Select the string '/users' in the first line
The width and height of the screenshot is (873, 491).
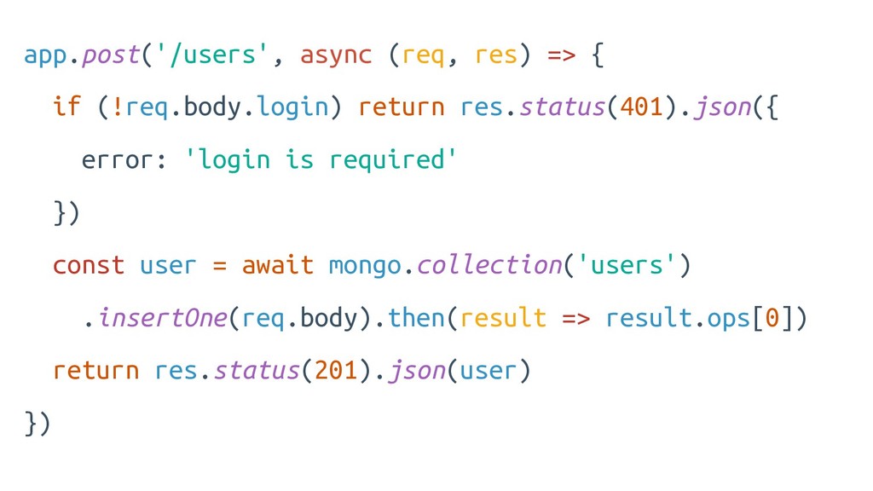tap(213, 55)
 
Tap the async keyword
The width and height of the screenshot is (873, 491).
tap(336, 55)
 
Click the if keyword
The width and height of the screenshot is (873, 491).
tap(66, 107)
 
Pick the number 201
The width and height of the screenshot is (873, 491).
tap(335, 371)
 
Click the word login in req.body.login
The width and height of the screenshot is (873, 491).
tap(292, 107)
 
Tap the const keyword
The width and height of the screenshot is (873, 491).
tap(89, 265)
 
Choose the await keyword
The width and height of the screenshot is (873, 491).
tap(278, 265)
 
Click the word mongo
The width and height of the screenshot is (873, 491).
tap(365, 265)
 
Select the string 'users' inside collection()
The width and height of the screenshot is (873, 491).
tap(627, 265)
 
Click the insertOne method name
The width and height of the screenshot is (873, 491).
tap(162, 318)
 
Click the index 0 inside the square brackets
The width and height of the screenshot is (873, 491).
tap(772, 318)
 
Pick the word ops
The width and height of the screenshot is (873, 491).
tap(730, 318)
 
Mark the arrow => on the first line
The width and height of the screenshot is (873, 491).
tap(561, 55)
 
